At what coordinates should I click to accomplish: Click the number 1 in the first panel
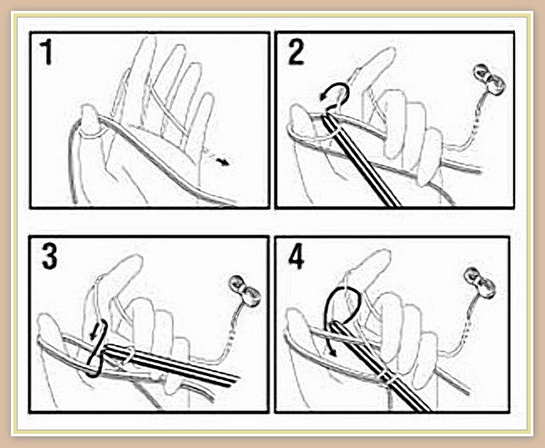[x=46, y=53]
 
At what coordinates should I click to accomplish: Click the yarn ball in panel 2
[x=489, y=80]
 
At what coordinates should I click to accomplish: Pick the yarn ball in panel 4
[x=480, y=282]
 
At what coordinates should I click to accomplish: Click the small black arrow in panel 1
[x=223, y=161]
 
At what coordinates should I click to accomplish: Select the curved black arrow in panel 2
[x=334, y=94]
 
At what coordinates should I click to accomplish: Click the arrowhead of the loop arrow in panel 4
[x=332, y=352]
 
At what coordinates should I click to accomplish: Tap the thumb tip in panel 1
[x=89, y=111]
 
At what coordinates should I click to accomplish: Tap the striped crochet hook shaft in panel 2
[x=361, y=161]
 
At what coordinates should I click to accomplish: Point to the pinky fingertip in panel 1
[x=208, y=99]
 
